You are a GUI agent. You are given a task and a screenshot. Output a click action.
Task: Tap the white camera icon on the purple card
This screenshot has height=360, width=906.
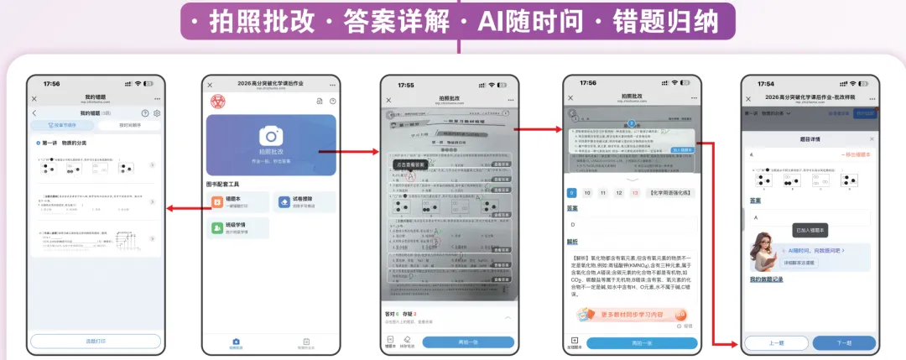coord(270,137)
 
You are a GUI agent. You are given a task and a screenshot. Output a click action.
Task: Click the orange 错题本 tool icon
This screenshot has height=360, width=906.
coord(218,201)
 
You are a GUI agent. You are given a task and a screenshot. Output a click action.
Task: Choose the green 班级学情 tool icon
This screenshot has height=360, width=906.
coord(218,227)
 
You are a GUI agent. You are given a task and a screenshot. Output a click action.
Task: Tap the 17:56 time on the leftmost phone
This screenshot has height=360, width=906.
coord(52,84)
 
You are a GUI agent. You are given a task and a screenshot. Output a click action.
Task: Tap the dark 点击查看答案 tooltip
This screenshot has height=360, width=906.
coord(411,165)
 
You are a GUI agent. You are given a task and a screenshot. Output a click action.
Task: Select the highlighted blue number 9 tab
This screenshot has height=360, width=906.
coord(571,193)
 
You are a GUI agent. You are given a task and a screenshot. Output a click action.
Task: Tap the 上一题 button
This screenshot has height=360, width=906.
coord(776,343)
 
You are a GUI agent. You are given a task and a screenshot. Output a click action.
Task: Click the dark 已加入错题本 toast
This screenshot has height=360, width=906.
coord(811,230)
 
